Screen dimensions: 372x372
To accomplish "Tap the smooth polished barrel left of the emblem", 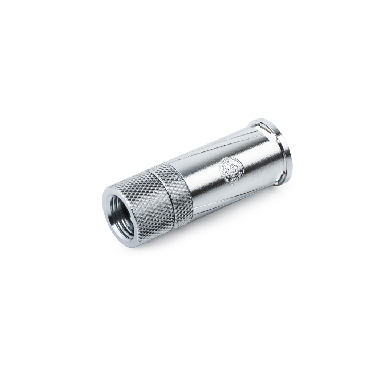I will pyautogui.click(x=203, y=182).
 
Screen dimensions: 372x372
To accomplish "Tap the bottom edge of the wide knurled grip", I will pyautogui.click(x=153, y=236).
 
